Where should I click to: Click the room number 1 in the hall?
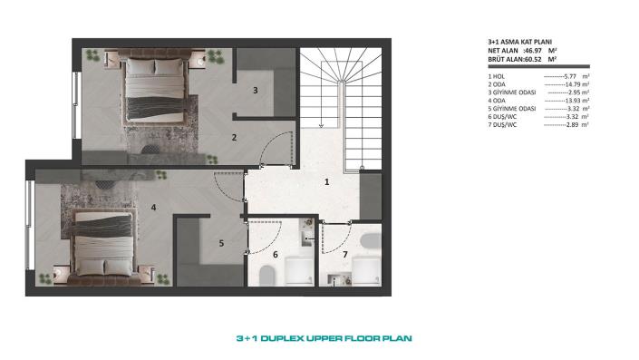326,181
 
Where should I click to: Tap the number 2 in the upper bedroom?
234,138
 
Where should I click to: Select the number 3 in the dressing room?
256,90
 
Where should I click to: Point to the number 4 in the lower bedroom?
154,208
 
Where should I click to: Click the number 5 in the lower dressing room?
220,243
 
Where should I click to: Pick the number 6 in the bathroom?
276,255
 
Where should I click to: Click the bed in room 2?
154,86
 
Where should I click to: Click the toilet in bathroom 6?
297,270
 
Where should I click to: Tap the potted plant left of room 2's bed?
93,56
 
